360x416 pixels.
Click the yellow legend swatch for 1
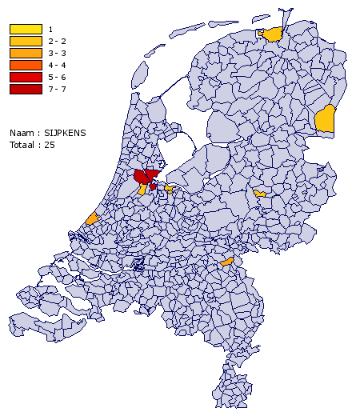point(26,30)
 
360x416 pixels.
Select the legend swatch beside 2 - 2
point(26,41)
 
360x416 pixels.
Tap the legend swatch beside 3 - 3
point(26,53)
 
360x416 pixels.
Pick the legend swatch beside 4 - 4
point(26,65)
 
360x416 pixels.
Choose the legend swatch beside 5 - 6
point(26,77)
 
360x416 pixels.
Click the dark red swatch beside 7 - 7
point(26,89)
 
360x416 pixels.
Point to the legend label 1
point(50,30)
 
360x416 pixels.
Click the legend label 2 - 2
point(56,41)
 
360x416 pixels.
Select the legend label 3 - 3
point(56,53)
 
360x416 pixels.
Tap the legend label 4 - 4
point(56,65)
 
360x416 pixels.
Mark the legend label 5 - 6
point(56,77)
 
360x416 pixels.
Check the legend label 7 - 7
point(56,89)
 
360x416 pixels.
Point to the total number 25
point(50,144)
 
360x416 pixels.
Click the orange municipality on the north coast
point(274,34)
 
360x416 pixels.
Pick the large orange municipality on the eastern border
point(325,119)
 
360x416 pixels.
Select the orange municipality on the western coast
point(92,218)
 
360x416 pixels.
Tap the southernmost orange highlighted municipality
point(226,261)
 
